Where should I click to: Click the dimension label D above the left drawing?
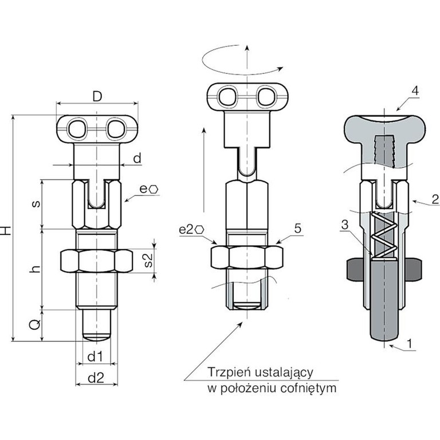click(97, 96)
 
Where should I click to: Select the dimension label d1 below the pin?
click(96, 357)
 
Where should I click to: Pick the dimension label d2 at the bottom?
click(96, 378)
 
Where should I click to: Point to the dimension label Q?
click(35, 325)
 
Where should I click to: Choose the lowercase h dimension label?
click(36, 269)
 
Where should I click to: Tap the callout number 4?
click(415, 91)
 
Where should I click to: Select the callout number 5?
click(298, 229)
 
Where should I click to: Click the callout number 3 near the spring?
click(344, 225)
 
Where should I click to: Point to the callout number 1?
click(410, 344)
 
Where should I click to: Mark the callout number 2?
click(435, 199)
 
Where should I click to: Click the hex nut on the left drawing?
click(96, 261)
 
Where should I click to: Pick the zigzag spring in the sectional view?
click(383, 235)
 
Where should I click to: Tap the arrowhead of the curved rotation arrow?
click(280, 69)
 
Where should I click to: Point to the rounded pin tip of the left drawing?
click(96, 337)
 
